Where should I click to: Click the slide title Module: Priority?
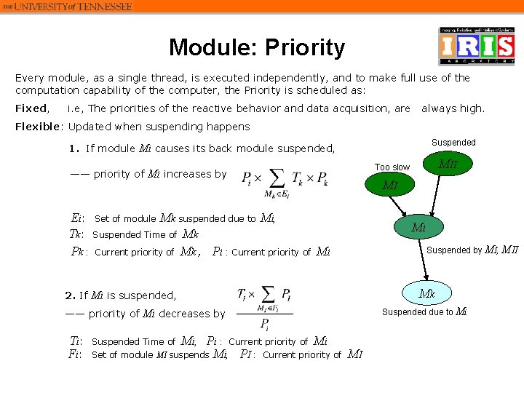pyautogui.click(x=257, y=48)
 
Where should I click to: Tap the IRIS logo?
pyautogui.click(x=476, y=47)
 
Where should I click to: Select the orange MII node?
pyautogui.click(x=447, y=167)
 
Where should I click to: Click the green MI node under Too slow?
pyautogui.click(x=390, y=185)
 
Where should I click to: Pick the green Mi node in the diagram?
pyautogui.click(x=418, y=227)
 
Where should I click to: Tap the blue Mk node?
pyautogui.click(x=426, y=295)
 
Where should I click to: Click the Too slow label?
pyautogui.click(x=392, y=167)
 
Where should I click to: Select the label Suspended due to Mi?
pyautogui.click(x=424, y=312)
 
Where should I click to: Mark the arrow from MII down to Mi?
pyautogui.click(x=434, y=196)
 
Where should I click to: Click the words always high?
pyautogui.click(x=453, y=108)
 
